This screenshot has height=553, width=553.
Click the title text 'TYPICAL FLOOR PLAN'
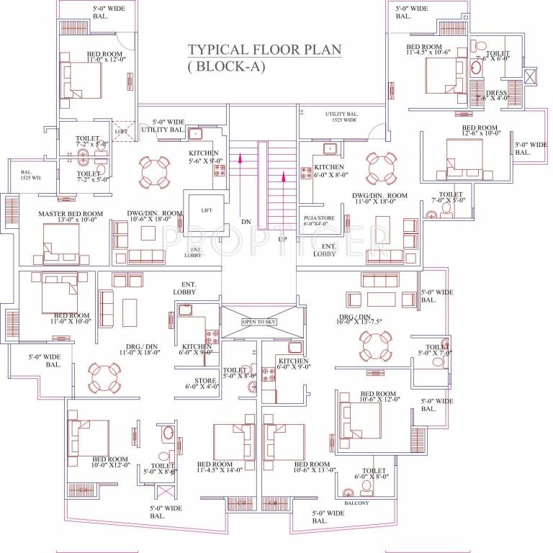coord(264,50)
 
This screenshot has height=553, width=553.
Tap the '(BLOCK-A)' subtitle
coord(227,67)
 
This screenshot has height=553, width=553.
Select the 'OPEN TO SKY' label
coord(258,321)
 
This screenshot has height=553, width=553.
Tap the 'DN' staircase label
coord(245,222)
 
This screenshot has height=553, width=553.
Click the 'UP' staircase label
coord(282,238)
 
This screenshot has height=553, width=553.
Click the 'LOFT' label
coord(121,132)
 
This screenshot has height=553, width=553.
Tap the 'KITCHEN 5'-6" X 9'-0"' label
coord(204,158)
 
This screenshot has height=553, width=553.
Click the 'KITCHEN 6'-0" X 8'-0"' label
coord(331,171)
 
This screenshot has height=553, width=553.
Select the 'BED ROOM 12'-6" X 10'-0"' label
coord(481,131)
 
